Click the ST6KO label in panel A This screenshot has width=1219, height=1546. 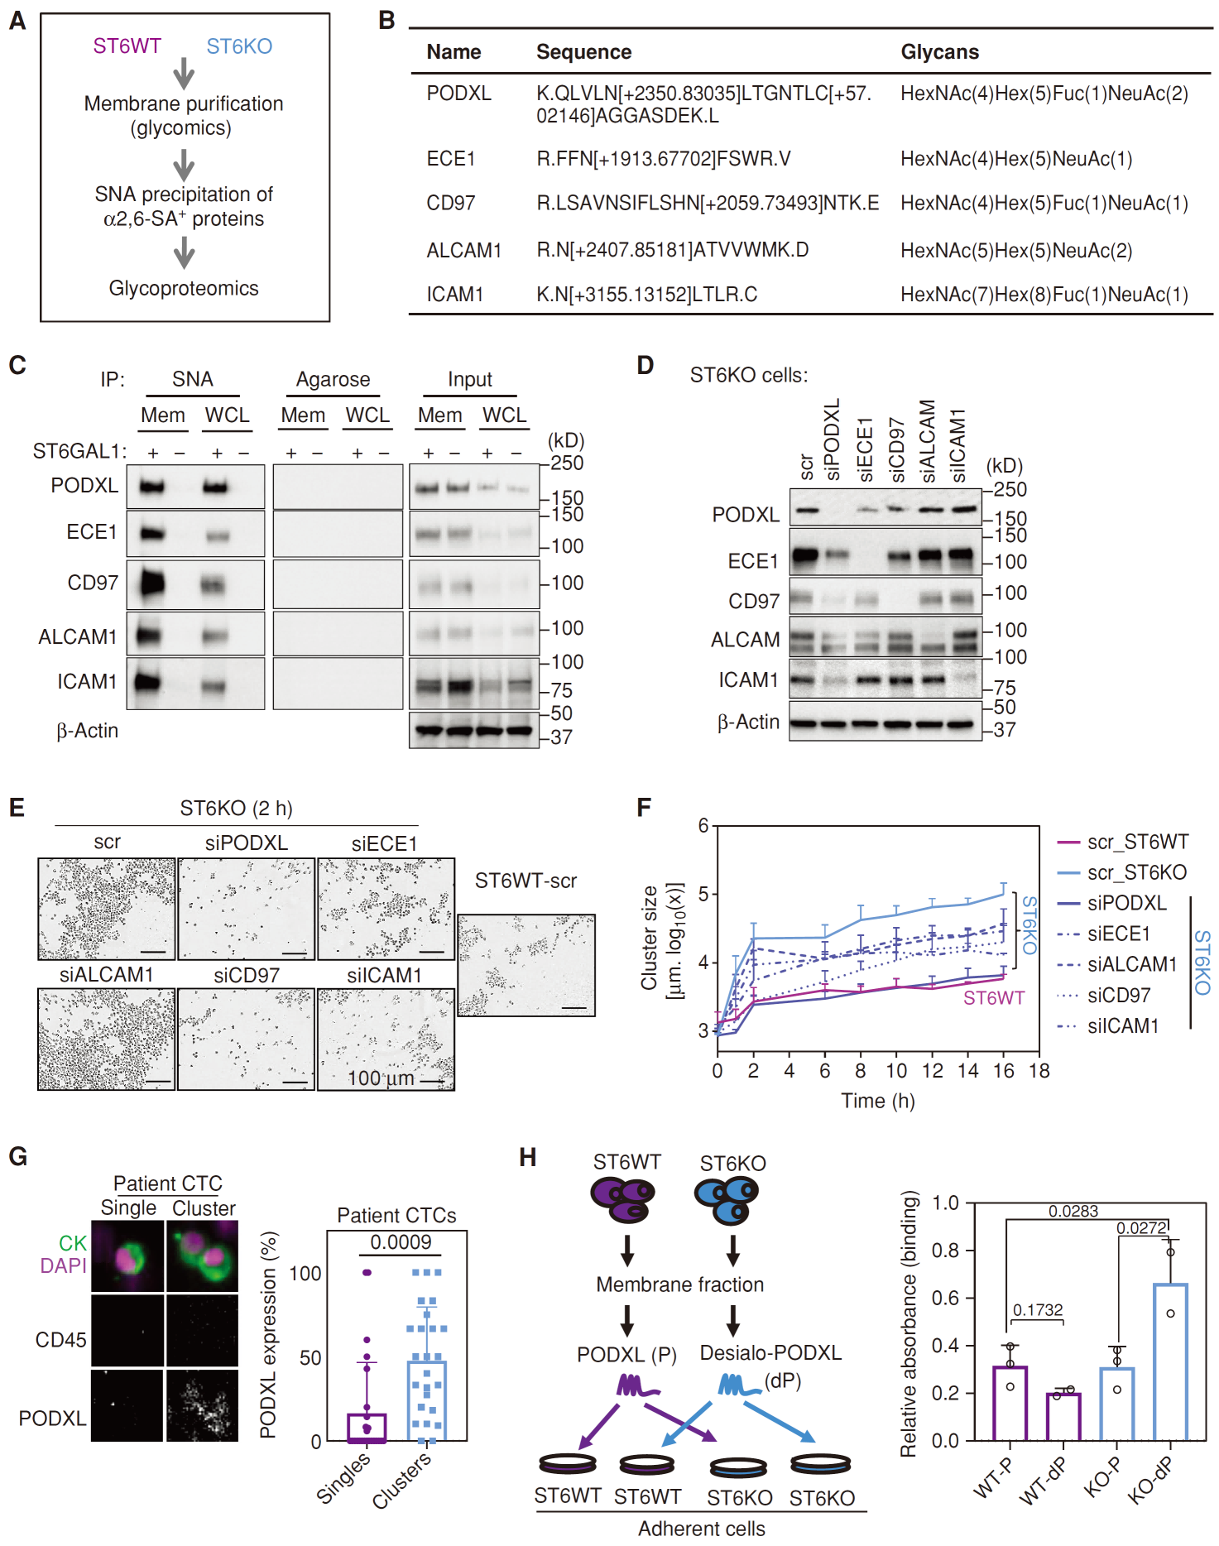point(239,46)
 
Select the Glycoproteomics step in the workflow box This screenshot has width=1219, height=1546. point(184,288)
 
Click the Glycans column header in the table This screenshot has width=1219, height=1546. point(939,52)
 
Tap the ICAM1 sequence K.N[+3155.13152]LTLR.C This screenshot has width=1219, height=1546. point(646,295)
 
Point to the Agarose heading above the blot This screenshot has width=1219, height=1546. point(333,379)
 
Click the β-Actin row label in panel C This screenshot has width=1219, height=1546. point(87,731)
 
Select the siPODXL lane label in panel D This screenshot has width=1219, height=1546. point(833,439)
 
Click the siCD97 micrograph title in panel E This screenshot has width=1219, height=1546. point(246,976)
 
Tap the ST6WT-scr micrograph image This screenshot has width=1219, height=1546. point(526,965)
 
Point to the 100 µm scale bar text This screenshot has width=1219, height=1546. point(381,1078)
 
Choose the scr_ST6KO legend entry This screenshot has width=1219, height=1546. point(1136,872)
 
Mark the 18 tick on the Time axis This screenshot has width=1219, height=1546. point(1039,1071)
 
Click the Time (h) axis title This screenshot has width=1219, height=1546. point(877,1101)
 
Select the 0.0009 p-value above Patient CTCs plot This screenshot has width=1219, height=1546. point(401,1242)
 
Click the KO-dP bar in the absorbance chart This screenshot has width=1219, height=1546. point(1169,1362)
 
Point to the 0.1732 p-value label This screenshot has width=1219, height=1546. point(1038,1310)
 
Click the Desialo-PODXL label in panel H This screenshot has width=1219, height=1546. point(770,1353)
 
